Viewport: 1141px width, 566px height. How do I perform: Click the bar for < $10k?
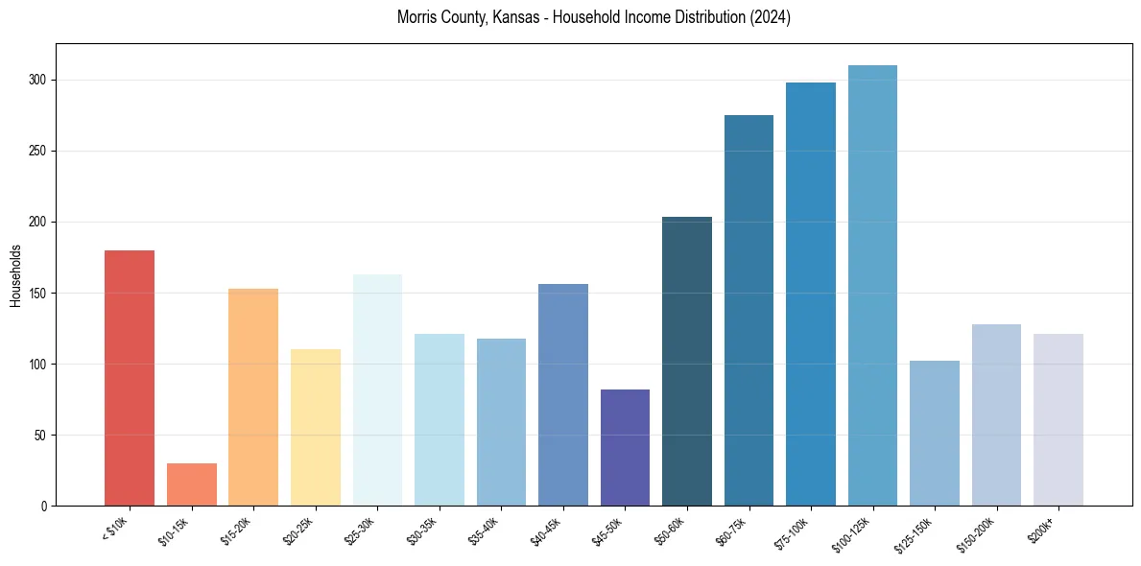130,378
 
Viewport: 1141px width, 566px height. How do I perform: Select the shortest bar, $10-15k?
192,484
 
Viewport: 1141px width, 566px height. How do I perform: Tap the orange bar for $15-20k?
253,397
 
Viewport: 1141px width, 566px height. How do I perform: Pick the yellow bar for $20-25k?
316,427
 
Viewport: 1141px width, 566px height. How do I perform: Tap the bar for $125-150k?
935,433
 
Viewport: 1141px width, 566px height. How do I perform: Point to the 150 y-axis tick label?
38,293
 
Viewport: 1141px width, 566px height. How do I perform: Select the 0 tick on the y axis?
45,506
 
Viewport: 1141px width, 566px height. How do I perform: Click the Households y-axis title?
15,275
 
